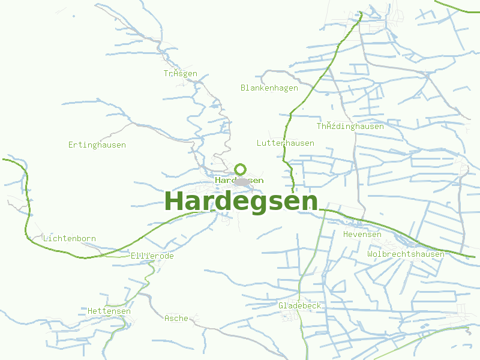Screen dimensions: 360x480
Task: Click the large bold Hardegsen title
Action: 241,202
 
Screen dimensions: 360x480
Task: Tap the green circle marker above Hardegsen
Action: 241,169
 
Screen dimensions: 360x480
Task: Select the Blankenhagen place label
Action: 269,88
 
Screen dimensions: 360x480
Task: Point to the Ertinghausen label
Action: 97,145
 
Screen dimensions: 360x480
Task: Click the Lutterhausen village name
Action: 285,143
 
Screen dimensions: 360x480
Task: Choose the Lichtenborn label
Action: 70,239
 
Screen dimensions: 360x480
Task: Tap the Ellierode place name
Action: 152,256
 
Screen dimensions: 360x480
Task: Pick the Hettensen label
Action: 109,311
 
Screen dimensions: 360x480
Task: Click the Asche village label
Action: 176,319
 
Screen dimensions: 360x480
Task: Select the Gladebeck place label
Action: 300,306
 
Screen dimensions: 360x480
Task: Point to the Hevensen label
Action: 362,235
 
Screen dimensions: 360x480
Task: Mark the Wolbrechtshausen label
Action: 406,254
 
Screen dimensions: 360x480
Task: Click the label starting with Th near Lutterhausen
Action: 350,127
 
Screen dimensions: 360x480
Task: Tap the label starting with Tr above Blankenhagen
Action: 180,74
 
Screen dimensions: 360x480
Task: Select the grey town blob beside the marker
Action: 242,181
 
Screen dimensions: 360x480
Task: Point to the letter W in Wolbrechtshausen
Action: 370,254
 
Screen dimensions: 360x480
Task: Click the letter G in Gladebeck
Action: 281,306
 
